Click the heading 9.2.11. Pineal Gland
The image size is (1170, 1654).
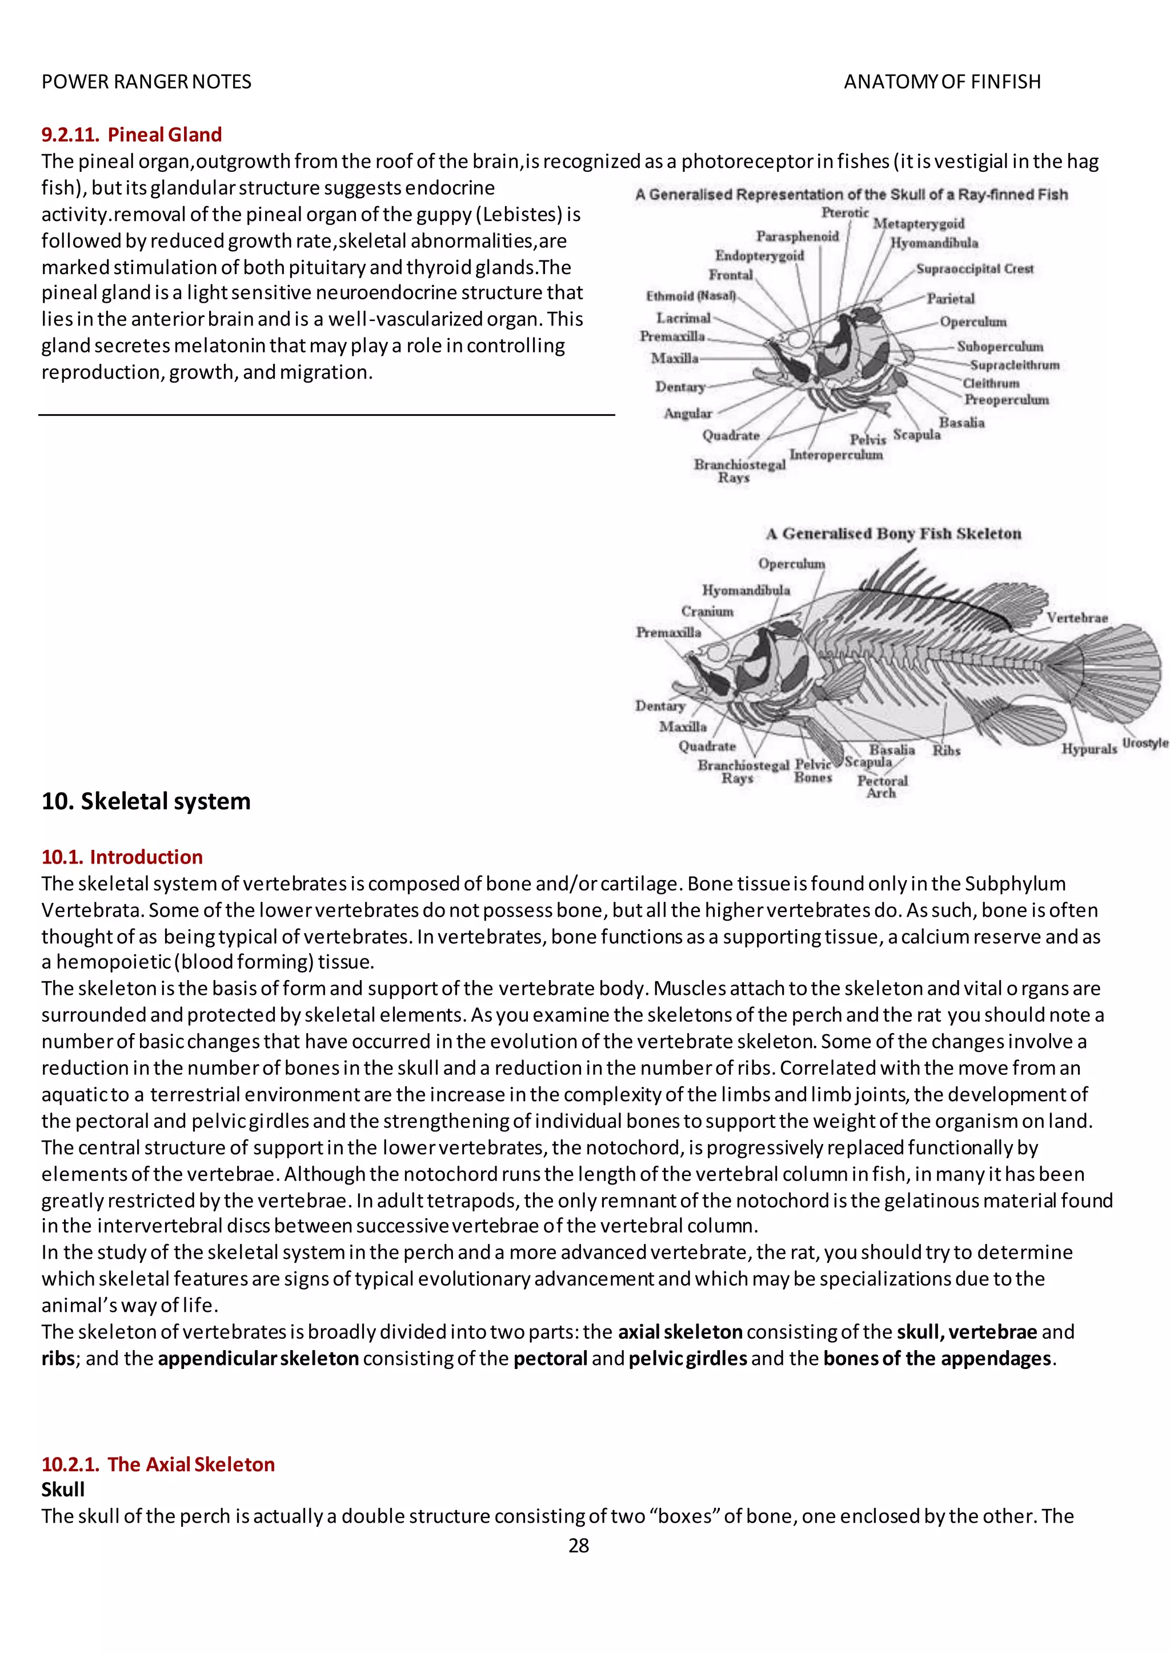point(131,135)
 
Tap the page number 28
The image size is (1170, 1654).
point(579,1545)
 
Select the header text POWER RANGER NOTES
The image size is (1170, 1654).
point(146,82)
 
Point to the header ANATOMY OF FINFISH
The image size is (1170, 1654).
point(941,82)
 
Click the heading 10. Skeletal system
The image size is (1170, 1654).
point(146,801)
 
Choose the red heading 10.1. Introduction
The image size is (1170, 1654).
point(122,857)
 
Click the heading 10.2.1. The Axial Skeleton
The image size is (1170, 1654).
point(158,1464)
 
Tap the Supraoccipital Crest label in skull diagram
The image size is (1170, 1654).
point(974,268)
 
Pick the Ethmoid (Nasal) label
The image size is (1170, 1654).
point(690,296)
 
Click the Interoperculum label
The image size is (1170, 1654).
point(836,455)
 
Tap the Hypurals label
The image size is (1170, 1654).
point(1088,749)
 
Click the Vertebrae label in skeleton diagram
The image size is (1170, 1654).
point(1076,617)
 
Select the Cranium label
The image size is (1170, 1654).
point(707,611)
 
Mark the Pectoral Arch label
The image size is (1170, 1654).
point(882,786)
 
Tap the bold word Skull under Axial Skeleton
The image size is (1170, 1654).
point(63,1490)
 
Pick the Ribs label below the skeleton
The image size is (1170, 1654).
point(946,750)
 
